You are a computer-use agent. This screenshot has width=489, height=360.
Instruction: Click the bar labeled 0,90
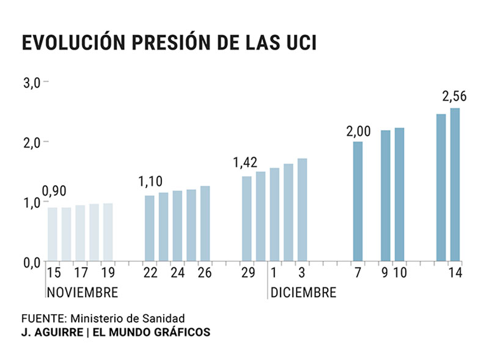tap(53, 234)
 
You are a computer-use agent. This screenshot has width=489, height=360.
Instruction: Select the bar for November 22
tap(150, 228)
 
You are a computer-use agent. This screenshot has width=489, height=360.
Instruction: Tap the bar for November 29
tap(246, 219)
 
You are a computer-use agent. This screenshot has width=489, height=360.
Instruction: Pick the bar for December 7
tap(358, 202)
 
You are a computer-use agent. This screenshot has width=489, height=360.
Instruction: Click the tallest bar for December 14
tap(455, 185)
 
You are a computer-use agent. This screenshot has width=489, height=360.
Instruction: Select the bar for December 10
tap(399, 194)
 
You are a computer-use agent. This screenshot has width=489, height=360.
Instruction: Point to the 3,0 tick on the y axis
tap(31, 83)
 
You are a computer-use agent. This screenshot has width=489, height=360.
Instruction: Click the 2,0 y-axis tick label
tap(31, 142)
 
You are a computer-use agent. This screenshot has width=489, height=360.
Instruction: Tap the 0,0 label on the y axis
tap(31, 263)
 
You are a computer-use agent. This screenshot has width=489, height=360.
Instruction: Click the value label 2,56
tap(454, 97)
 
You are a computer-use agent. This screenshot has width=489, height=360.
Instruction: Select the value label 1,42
tap(245, 163)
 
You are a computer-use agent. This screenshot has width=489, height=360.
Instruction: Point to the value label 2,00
tap(358, 131)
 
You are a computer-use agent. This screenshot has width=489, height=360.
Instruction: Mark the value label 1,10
tap(150, 182)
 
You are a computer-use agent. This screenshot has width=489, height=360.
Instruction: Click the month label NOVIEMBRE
tap(83, 293)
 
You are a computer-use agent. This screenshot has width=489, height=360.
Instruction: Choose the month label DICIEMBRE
tap(303, 293)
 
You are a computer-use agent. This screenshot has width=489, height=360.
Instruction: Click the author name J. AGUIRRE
tap(48, 333)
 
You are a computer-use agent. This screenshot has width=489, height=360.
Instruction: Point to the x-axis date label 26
tap(204, 273)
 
